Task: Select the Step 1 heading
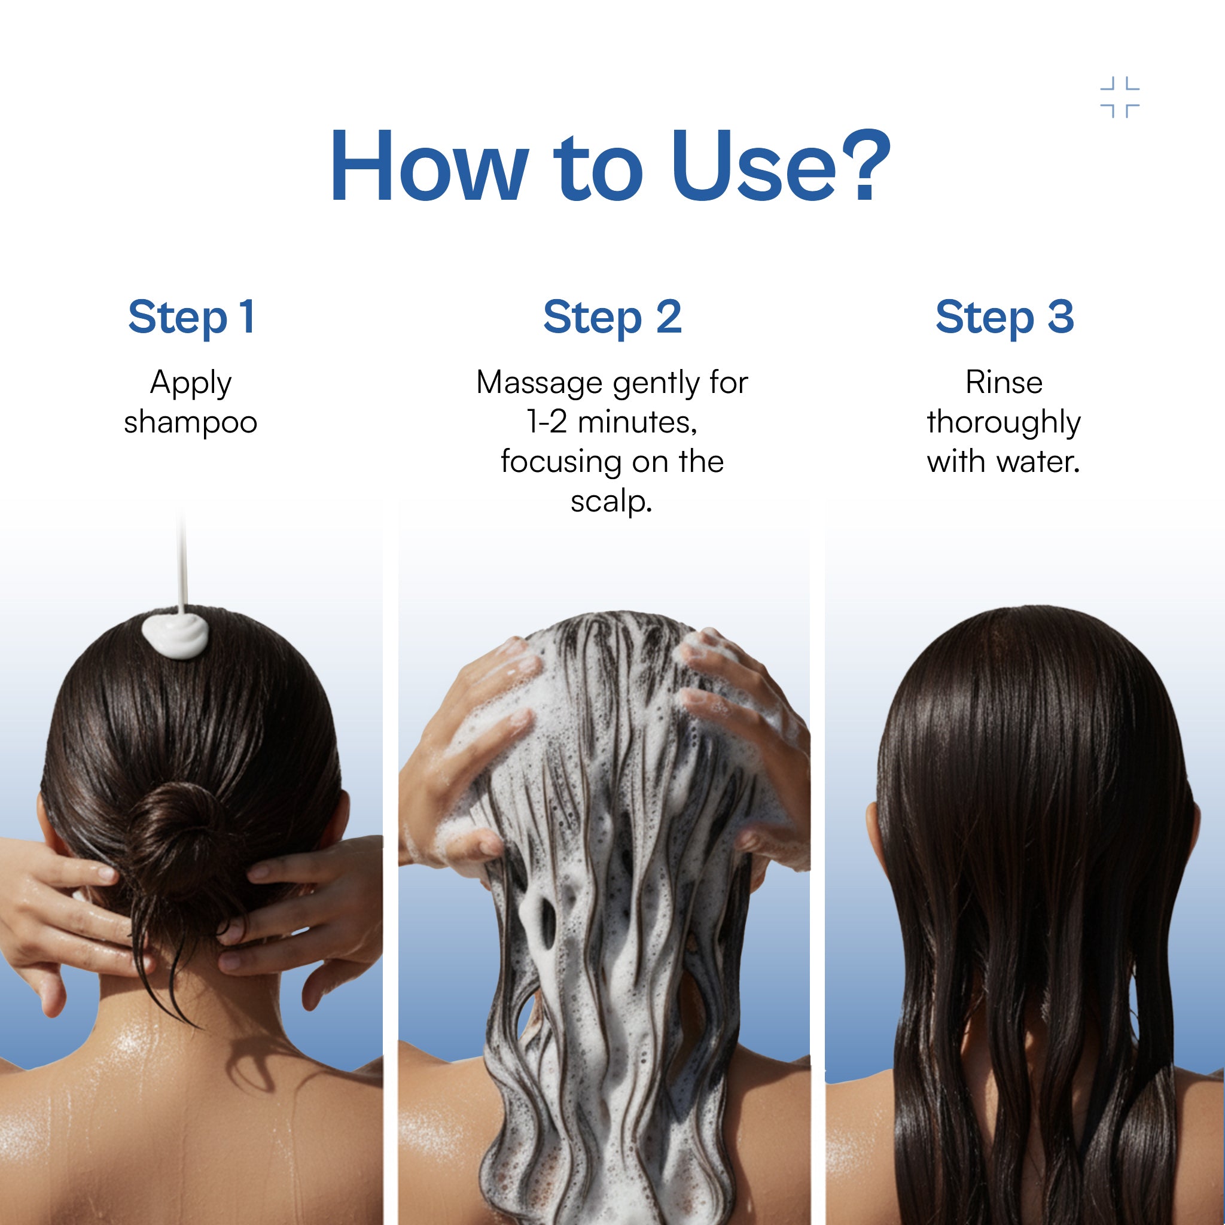(191, 317)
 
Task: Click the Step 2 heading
(612, 317)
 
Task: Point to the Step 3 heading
(1004, 317)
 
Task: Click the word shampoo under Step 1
(190, 423)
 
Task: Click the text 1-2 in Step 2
(547, 422)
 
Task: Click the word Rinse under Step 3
(1004, 382)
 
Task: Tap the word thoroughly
(1004, 423)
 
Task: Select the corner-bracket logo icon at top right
(1120, 97)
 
